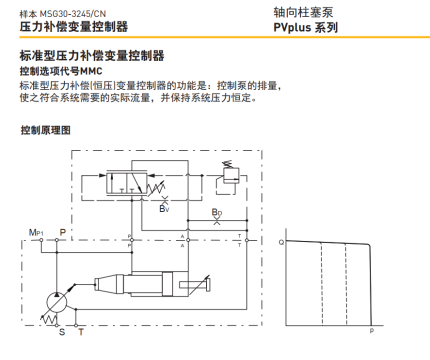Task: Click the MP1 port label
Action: (x=36, y=232)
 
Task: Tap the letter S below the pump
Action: (x=62, y=332)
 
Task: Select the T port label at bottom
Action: (x=81, y=332)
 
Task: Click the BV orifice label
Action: (x=164, y=209)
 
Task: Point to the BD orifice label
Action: (x=217, y=212)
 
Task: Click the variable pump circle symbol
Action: (x=56, y=303)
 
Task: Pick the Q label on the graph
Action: (x=281, y=242)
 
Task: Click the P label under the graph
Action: (x=372, y=331)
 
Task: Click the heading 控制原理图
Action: (x=46, y=130)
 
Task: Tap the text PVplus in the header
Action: (x=292, y=27)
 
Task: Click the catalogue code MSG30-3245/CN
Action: (x=73, y=14)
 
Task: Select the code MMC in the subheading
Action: (x=91, y=71)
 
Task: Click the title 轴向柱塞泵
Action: (x=303, y=12)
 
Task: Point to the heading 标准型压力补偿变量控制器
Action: (x=92, y=55)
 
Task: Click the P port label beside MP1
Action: (x=62, y=232)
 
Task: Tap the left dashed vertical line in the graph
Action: (x=322, y=284)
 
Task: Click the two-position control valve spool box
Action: (x=126, y=183)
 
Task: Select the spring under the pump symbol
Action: (x=49, y=318)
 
